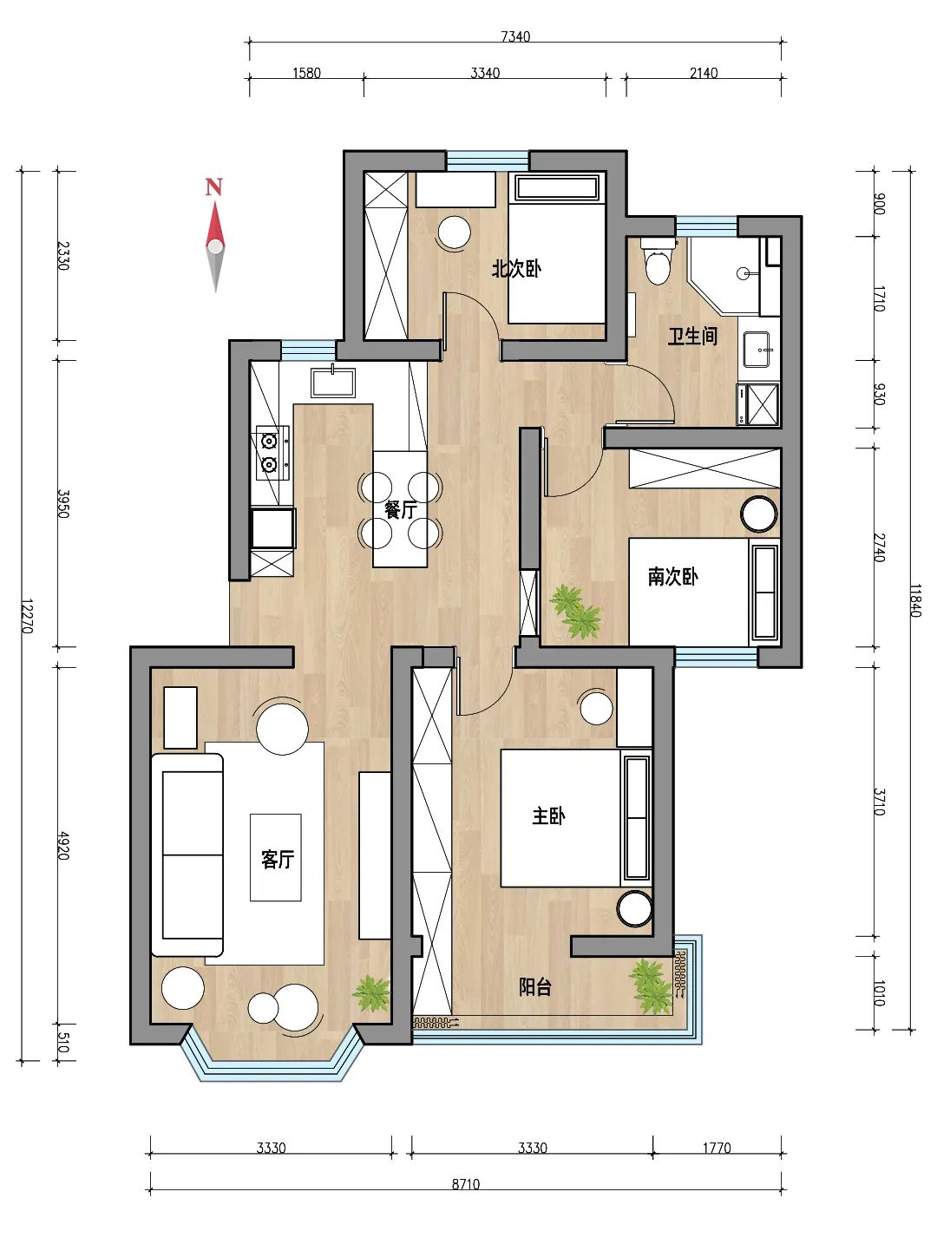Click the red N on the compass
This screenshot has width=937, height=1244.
pos(213,187)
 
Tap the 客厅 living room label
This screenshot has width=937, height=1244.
pos(277,859)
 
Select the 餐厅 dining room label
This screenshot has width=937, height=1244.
pos(400,509)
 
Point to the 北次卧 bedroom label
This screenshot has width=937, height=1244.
pos(515,269)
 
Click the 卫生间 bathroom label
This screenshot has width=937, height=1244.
pos(692,336)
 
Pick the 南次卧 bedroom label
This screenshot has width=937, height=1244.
pos(672,577)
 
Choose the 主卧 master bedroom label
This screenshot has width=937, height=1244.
pos(548,816)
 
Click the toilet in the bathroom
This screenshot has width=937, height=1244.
pos(658,261)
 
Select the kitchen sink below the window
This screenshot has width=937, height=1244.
pos(333,382)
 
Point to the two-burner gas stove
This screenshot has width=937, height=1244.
pos(272,453)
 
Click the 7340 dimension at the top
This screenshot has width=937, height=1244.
pos(515,36)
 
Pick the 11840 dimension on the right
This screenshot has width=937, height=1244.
pos(915,601)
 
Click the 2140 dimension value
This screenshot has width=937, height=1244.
pos(704,73)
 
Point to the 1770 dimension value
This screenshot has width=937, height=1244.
pos(717,1148)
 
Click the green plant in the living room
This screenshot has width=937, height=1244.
pos(372,993)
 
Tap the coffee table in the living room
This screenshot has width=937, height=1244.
pos(276,857)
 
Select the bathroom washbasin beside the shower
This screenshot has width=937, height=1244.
pos(757,350)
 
